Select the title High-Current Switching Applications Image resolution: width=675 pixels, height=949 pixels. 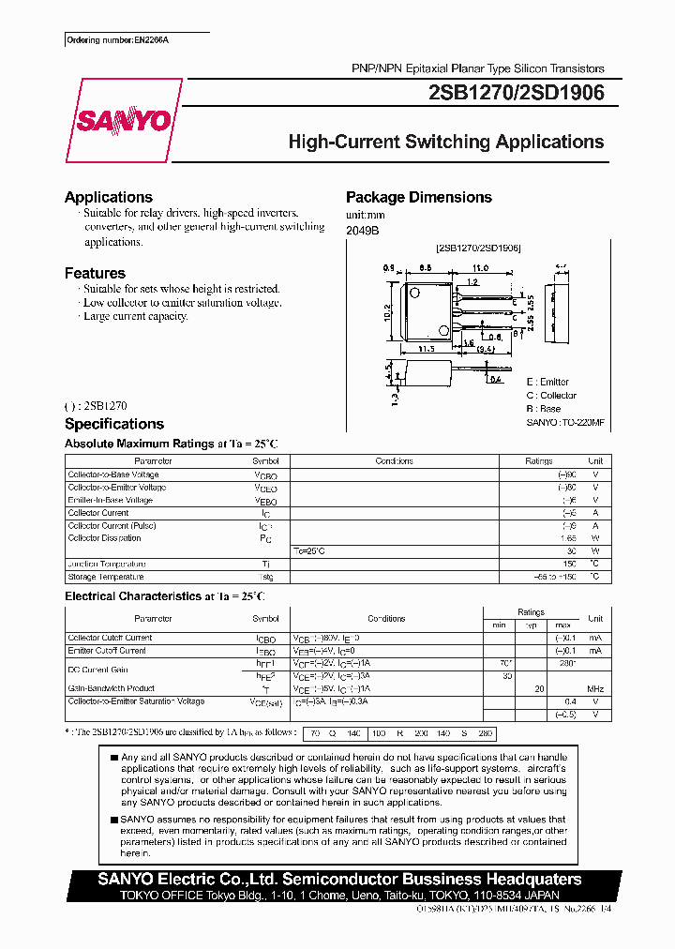445,142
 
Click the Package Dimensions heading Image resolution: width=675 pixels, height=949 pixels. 418,197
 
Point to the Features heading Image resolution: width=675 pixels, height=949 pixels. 95,273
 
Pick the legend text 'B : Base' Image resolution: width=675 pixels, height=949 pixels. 544,409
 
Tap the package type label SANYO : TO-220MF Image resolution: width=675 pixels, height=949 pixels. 565,423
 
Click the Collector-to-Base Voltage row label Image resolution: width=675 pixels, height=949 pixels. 116,474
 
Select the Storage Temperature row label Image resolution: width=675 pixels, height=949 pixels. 106,577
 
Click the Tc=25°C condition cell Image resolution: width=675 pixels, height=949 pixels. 309,550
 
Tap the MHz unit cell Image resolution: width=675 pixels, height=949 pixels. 594,689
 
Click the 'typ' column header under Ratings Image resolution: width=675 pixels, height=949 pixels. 531,625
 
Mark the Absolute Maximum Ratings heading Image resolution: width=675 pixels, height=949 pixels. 139,443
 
